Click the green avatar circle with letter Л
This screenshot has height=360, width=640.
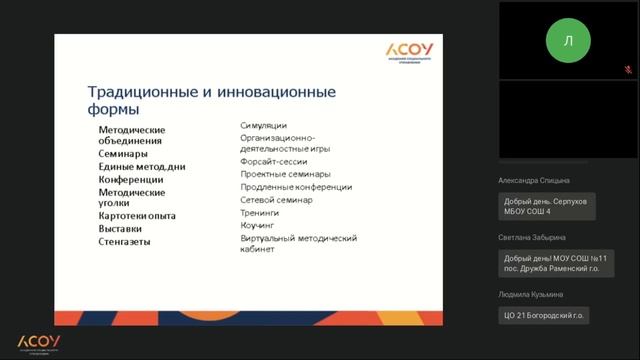pyautogui.click(x=568, y=41)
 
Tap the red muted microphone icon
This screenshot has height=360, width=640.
pyautogui.click(x=627, y=70)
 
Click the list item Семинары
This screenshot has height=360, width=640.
pyautogui.click(x=123, y=155)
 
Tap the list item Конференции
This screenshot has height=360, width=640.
pyautogui.click(x=131, y=179)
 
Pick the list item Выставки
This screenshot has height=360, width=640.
pyautogui.click(x=121, y=228)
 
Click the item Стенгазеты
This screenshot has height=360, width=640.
pyautogui.click(x=126, y=241)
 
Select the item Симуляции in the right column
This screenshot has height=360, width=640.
pyautogui.click(x=264, y=125)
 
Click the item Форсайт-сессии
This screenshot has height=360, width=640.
pyautogui.click(x=273, y=161)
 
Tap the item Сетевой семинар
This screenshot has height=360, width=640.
pyautogui.click(x=276, y=200)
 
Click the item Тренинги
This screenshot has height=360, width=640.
pyautogui.click(x=260, y=213)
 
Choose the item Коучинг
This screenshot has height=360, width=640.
pyautogui.click(x=258, y=226)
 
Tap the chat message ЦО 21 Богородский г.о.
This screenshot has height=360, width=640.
pyautogui.click(x=545, y=315)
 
